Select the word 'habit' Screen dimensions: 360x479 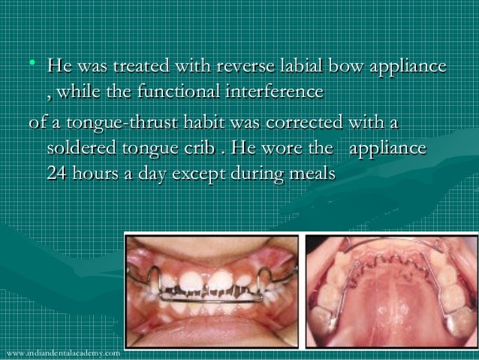pyautogui.click(x=194, y=121)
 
